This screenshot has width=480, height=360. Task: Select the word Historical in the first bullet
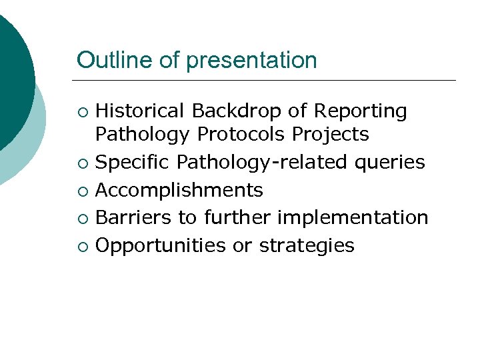pyautogui.click(x=139, y=111)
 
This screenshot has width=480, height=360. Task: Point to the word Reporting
pyautogui.click(x=361, y=111)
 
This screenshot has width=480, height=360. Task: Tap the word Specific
pyautogui.click(x=133, y=163)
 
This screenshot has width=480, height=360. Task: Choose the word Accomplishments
pyautogui.click(x=179, y=191)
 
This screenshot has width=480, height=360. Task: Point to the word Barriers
pyautogui.click(x=130, y=217)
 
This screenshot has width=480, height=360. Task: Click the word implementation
pyautogui.click(x=353, y=218)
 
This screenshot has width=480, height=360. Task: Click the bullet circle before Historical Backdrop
pyautogui.click(x=82, y=112)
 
